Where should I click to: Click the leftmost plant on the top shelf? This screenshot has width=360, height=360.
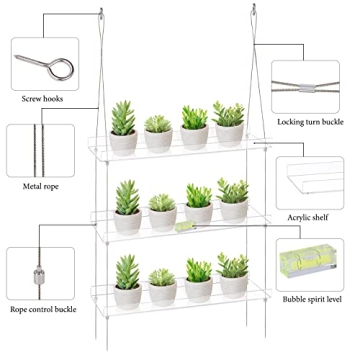[124, 126]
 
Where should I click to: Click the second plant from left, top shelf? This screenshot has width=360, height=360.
[159, 133]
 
